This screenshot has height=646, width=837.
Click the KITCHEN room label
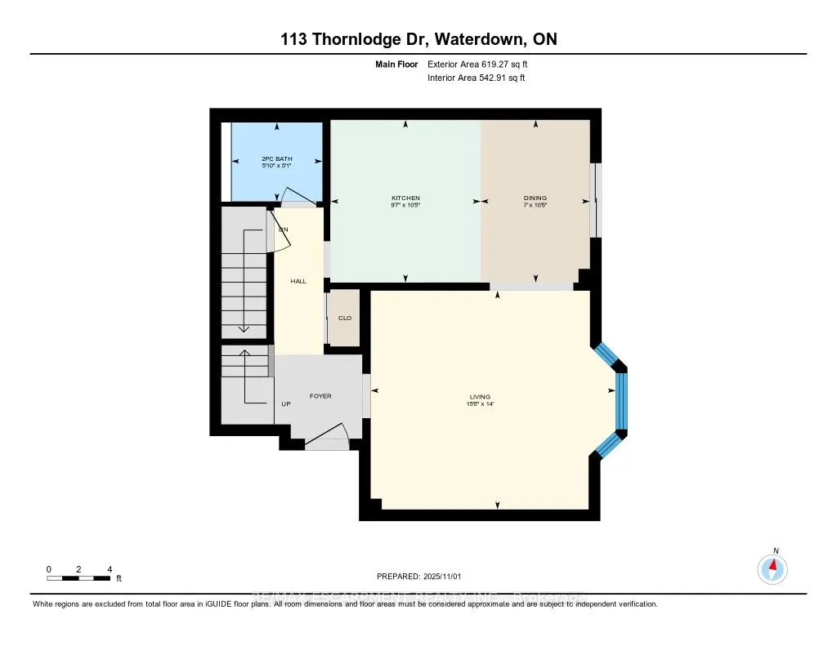click(405, 198)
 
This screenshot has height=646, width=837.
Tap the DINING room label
click(535, 198)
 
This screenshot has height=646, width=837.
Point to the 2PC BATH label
click(276, 158)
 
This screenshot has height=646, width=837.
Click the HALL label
click(298, 281)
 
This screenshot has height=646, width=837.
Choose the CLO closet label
click(344, 319)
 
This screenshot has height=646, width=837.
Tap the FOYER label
click(320, 396)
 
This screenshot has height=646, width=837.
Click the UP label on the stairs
click(286, 404)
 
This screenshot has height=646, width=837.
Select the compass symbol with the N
click(772, 568)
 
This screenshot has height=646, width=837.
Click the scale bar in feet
click(78, 578)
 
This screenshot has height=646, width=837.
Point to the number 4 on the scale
click(110, 569)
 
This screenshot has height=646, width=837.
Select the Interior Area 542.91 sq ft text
click(476, 78)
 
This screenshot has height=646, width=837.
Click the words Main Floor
click(398, 64)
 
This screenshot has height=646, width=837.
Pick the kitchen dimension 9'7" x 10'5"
click(405, 205)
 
